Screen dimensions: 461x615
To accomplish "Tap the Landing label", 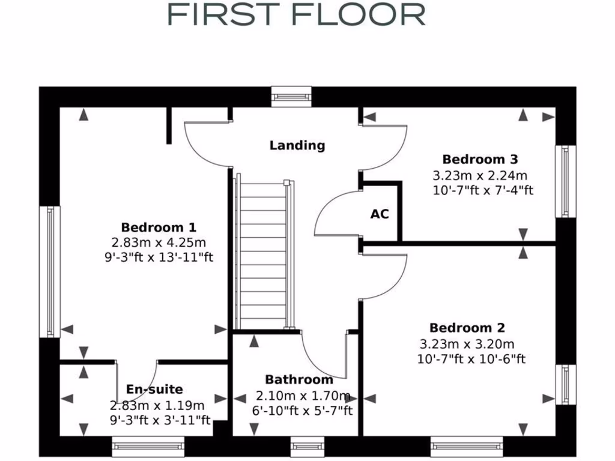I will click(297, 145).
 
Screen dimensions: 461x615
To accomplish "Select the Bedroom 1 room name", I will click(159, 227).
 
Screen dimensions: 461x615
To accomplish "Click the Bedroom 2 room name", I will click(467, 328).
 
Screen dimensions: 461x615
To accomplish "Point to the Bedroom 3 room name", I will click(480, 160).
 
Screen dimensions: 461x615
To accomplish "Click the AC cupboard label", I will click(380, 214).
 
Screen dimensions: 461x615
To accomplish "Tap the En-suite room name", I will click(154, 390).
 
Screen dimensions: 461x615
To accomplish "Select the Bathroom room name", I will click(299, 380).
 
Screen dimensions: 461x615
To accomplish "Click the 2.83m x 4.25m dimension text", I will click(159, 243).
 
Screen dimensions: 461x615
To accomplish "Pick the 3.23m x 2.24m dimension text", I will click(480, 176).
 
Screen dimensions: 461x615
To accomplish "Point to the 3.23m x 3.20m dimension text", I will click(467, 345).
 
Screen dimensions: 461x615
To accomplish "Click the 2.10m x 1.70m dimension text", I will click(303, 396).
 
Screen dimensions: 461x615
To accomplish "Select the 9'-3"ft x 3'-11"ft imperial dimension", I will click(160, 420).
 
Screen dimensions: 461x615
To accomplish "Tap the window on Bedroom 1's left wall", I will click(50, 271).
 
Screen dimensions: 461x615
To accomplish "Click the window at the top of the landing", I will click(291, 96).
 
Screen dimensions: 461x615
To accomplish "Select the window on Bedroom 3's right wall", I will click(565, 181).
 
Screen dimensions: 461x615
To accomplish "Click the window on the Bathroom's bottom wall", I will click(303, 446).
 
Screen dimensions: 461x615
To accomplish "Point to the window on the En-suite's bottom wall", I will click(148, 446).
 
